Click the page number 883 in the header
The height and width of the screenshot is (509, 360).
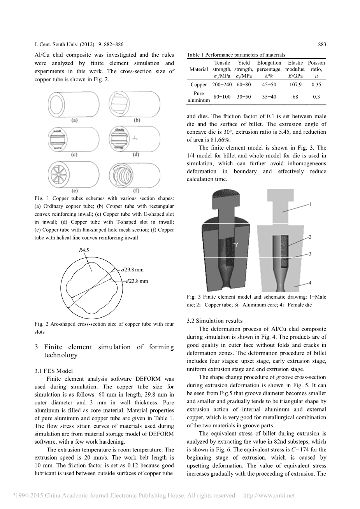coord(322,45)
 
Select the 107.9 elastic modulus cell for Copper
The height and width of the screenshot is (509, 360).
coord(295,85)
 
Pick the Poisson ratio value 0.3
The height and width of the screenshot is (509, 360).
coord(316,97)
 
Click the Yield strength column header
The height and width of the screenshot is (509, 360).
coord(244,69)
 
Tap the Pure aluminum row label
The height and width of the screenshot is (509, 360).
coord(198,97)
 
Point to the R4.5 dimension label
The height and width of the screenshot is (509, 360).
coord(84,250)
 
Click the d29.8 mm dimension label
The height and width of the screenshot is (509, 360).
coord(132,269)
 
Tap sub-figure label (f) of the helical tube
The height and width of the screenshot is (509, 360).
coord(137,191)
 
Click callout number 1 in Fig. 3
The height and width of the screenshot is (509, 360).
coord(311,204)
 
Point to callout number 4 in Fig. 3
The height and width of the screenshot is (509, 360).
coord(310,283)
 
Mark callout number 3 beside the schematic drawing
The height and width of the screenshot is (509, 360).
coord(310,254)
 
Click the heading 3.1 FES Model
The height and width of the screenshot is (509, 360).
coord(53,371)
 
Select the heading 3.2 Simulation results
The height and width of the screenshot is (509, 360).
coord(214,321)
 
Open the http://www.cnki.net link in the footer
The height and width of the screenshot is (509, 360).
coord(269,496)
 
